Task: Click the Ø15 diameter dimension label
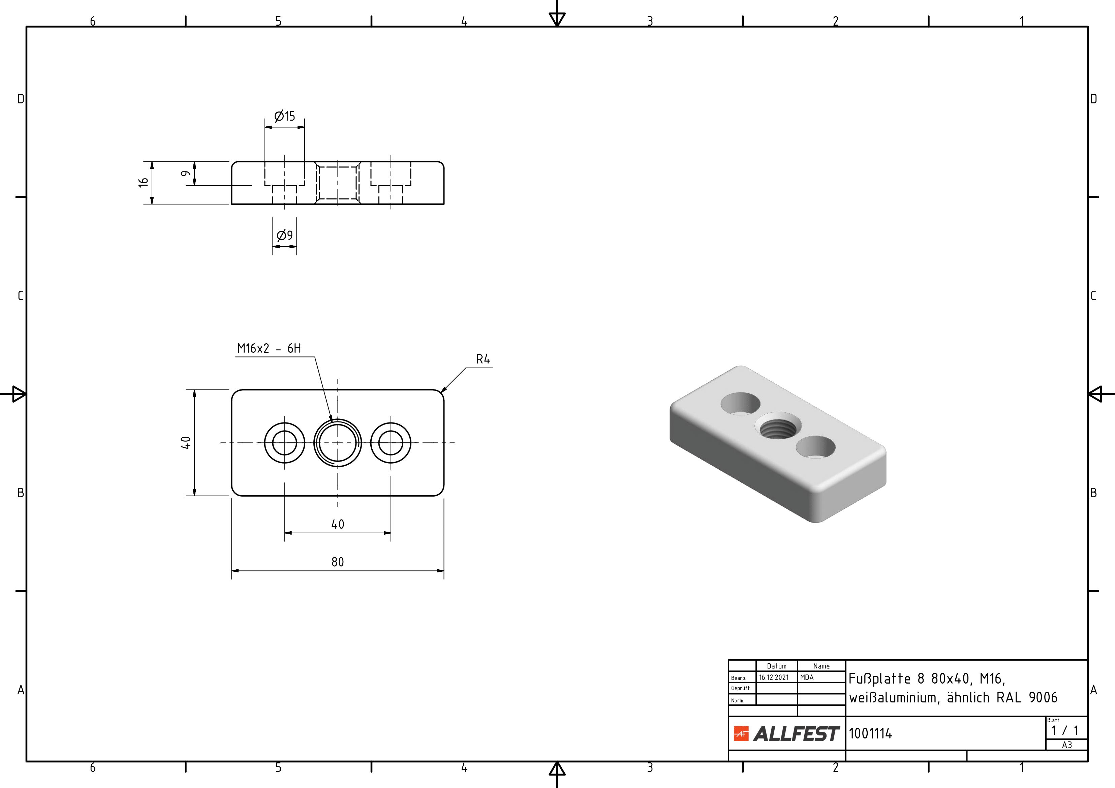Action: tap(285, 116)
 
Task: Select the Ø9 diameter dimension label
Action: tap(285, 235)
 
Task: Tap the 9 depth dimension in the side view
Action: tap(185, 173)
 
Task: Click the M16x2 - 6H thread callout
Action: tap(269, 348)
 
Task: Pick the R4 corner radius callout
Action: tap(483, 359)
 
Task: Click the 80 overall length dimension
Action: tap(338, 562)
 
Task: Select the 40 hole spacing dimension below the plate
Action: tap(338, 524)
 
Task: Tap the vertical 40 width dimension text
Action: tap(186, 443)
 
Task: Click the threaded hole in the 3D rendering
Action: tap(778, 429)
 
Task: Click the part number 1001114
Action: tap(870, 734)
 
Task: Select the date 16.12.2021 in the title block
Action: tap(774, 677)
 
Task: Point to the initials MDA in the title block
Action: tap(807, 677)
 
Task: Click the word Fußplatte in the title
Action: tap(879, 679)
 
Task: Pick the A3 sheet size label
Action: tap(1066, 745)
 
